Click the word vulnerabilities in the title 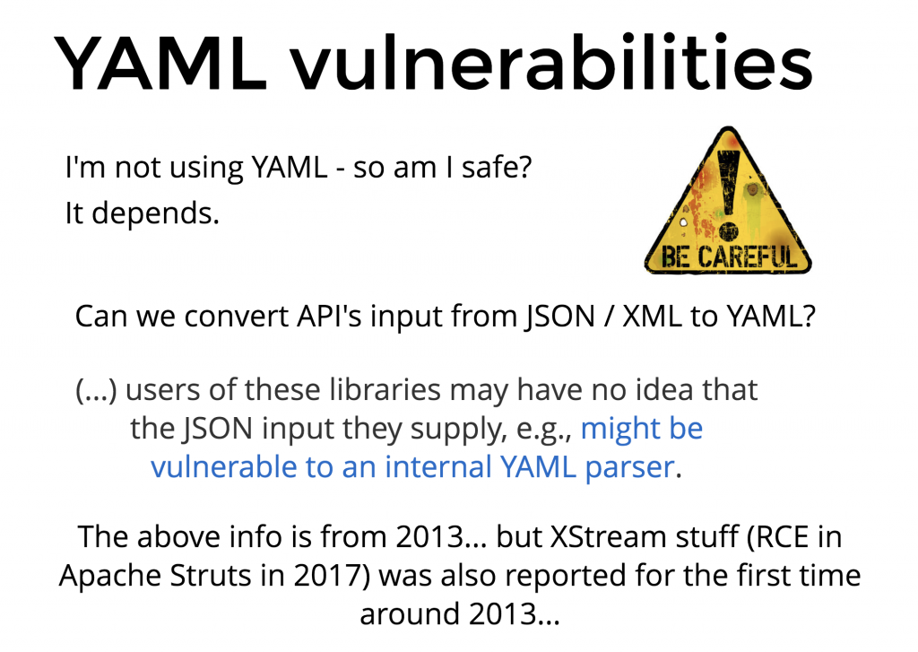(552, 62)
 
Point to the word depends (155, 213)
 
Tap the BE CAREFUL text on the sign (729, 256)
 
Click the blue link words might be (642, 428)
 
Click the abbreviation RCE (775, 536)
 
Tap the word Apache (110, 576)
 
